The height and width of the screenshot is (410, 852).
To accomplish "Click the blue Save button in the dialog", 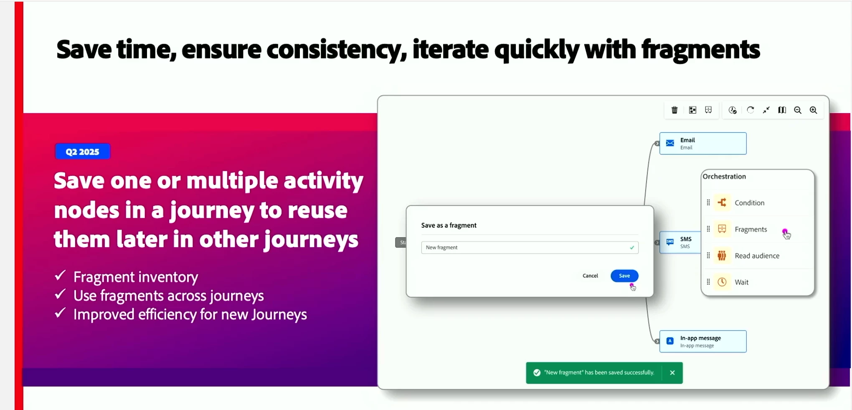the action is click(x=624, y=276).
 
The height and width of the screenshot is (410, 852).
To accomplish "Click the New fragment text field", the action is click(x=530, y=248).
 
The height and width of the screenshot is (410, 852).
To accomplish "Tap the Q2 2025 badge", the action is click(x=83, y=152).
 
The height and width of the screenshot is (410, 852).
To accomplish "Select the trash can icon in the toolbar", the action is click(x=674, y=110).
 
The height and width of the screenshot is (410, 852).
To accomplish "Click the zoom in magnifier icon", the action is click(x=814, y=110).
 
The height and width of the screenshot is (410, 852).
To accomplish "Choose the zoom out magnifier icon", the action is click(x=798, y=110).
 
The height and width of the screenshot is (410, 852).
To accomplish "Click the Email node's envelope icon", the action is click(x=670, y=143).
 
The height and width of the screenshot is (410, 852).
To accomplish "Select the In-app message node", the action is click(x=703, y=342).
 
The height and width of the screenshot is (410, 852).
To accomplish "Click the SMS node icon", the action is click(x=670, y=242).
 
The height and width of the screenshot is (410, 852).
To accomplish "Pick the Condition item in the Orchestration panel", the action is click(x=750, y=203).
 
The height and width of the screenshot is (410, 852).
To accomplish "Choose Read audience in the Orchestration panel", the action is click(x=757, y=256).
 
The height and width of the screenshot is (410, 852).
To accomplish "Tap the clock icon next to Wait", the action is click(x=722, y=282).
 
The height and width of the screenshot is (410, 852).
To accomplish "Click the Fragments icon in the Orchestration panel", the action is click(x=722, y=229).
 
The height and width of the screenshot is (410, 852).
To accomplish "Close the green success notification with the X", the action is click(x=672, y=373).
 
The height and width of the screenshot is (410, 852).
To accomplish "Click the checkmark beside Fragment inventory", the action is click(x=61, y=276).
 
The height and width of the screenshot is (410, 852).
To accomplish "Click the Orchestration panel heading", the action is click(x=724, y=177).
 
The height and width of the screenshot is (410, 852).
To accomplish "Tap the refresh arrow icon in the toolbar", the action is click(x=751, y=110).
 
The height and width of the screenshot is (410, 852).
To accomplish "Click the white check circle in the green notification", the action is click(x=537, y=373).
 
